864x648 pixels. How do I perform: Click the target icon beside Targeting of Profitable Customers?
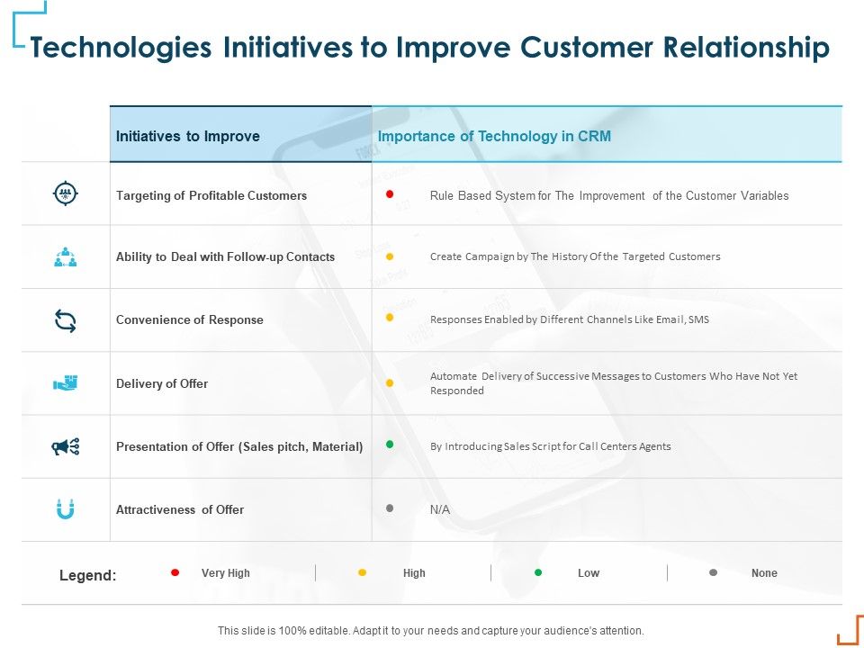click(66, 193)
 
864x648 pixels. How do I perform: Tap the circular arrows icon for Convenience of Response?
click(66, 320)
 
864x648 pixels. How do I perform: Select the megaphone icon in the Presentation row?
click(66, 446)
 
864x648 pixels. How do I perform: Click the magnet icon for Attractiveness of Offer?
click(66, 509)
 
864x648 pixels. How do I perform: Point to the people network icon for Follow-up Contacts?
click(66, 257)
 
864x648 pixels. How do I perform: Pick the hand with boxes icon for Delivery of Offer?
click(66, 383)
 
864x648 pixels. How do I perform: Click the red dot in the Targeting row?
click(390, 193)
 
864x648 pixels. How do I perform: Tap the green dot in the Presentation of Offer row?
click(390, 444)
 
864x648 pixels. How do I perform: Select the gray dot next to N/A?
click(390, 508)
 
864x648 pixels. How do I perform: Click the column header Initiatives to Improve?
click(188, 137)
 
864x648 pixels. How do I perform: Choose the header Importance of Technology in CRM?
click(495, 137)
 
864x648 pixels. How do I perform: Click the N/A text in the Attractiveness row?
click(440, 509)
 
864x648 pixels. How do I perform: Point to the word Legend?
click(87, 575)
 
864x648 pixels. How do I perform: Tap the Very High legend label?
click(226, 573)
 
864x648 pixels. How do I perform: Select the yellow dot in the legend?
click(363, 572)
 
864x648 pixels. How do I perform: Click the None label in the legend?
click(764, 573)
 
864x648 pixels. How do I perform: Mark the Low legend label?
click(589, 573)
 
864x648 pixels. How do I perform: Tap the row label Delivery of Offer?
click(162, 383)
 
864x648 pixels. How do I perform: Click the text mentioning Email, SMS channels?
click(570, 319)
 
